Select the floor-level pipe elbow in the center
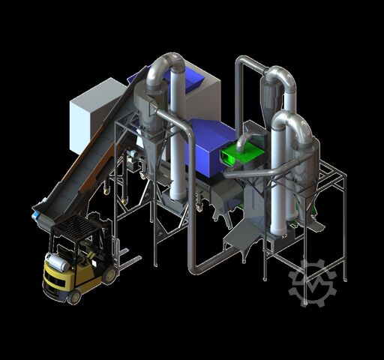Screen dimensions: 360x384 click(x=195, y=263)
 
